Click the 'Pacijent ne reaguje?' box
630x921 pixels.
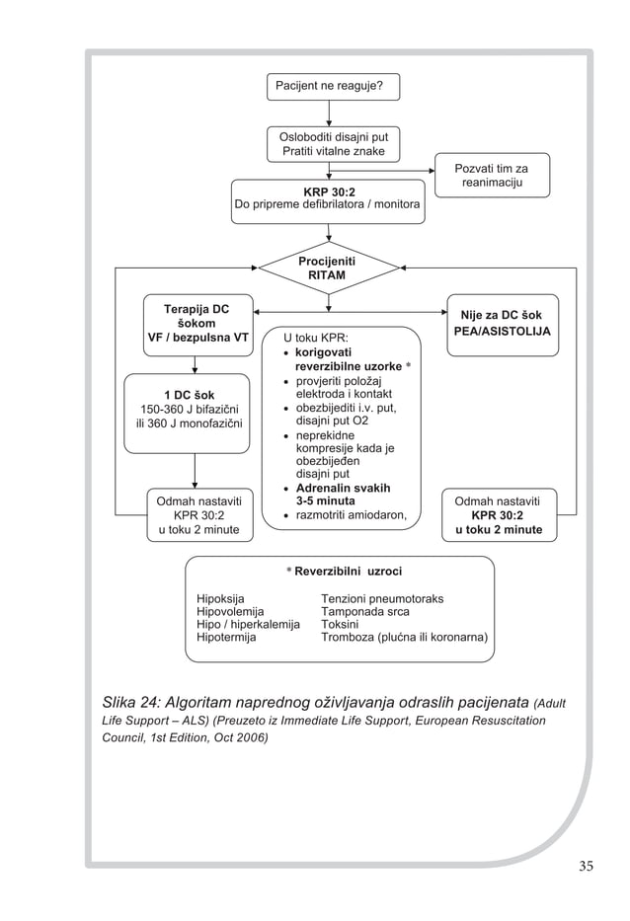point(333,86)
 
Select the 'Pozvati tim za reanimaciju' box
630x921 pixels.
point(492,175)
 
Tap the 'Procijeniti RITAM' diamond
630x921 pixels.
point(329,268)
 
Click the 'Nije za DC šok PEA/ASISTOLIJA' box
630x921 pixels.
point(503,325)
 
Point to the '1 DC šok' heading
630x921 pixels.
point(190,395)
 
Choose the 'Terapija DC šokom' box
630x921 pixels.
point(198,325)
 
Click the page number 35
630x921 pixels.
point(586,865)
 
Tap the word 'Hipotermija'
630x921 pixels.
point(226,638)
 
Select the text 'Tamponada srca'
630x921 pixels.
point(365,611)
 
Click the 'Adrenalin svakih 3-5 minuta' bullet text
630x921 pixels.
point(343,495)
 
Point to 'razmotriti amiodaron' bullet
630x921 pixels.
point(351,515)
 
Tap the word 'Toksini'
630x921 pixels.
point(340,625)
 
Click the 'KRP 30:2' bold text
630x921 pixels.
point(329,192)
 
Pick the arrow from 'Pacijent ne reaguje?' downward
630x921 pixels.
point(329,114)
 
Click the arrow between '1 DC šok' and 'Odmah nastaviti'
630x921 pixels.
point(195,471)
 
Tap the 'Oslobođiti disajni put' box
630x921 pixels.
point(333,144)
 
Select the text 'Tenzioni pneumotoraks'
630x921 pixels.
point(382,598)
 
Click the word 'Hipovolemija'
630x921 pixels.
point(230,611)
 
